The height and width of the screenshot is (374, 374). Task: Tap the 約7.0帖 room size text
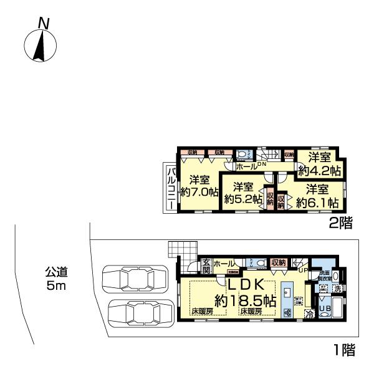click(198, 186)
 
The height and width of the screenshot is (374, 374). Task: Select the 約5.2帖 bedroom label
click(242, 194)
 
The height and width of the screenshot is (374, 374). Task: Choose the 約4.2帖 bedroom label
click(317, 163)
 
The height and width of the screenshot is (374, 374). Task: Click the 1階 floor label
click(342, 351)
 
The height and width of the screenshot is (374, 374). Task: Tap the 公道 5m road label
click(56, 279)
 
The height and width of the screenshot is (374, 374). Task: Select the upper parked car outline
click(134, 279)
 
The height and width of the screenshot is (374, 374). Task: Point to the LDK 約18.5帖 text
click(246, 292)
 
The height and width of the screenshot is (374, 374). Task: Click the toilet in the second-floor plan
click(244, 155)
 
